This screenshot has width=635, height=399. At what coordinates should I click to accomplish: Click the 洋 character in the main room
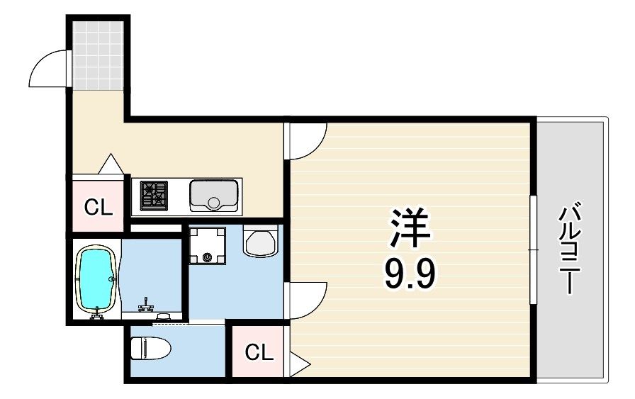(x=409, y=227)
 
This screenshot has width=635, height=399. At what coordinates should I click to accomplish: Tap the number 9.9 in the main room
(x=410, y=274)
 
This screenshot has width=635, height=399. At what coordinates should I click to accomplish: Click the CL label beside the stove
(x=99, y=208)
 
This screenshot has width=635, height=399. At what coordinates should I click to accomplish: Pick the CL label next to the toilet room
(x=259, y=352)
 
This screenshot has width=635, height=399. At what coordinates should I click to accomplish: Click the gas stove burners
(x=154, y=196)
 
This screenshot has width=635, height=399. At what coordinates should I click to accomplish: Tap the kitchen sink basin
(x=213, y=196)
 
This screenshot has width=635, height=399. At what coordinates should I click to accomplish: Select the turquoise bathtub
(x=97, y=279)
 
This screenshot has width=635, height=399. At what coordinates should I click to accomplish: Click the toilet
(x=151, y=349)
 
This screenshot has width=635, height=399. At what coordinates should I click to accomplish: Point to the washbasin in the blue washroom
(x=260, y=242)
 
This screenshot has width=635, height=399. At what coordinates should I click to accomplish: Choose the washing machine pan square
(x=208, y=245)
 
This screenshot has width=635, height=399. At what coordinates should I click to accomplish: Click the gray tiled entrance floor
(x=98, y=55)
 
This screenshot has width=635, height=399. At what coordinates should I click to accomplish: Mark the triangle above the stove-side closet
(x=111, y=164)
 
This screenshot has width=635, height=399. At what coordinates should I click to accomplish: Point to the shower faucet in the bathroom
(x=145, y=304)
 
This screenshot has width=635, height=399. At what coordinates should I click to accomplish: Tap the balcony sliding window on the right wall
(x=534, y=249)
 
